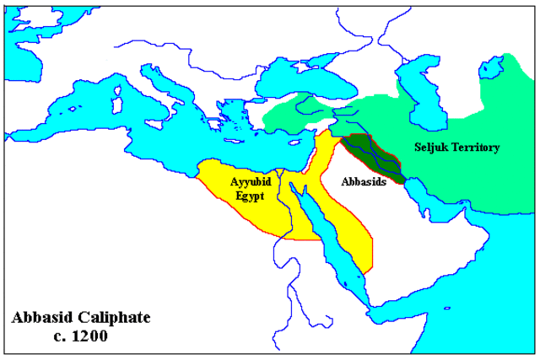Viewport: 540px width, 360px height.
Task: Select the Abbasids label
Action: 364,181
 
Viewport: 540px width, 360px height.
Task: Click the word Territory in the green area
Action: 477,148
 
